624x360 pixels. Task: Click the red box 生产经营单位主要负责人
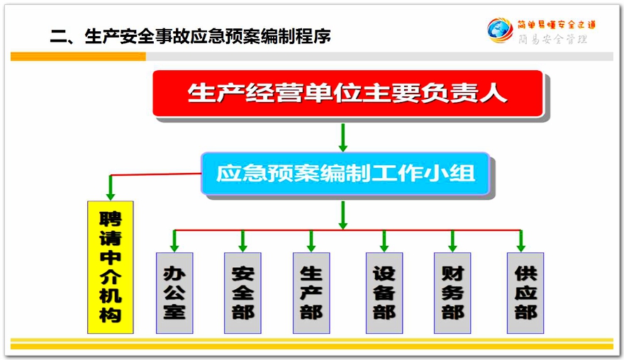click(348, 94)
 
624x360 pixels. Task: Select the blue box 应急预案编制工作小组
click(345, 174)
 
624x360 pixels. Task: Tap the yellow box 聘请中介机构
click(111, 267)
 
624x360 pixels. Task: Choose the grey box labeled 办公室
click(174, 293)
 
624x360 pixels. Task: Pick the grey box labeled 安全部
click(243, 293)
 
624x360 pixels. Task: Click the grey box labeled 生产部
click(311, 293)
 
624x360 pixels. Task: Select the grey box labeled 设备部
click(384, 293)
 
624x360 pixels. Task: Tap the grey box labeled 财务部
click(452, 293)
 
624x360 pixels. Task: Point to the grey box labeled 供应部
click(525, 293)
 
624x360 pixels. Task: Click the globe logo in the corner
click(500, 30)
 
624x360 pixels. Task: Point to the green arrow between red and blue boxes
click(342, 137)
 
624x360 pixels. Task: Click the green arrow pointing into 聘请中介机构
click(111, 187)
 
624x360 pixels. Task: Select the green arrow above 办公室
click(174, 241)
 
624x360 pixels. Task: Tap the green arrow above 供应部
click(521, 241)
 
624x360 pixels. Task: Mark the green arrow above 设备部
click(384, 241)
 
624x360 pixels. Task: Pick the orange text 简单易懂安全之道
click(557, 25)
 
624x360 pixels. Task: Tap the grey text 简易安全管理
click(552, 39)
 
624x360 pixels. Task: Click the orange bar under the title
click(78, 57)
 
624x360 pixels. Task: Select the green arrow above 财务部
click(452, 241)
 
